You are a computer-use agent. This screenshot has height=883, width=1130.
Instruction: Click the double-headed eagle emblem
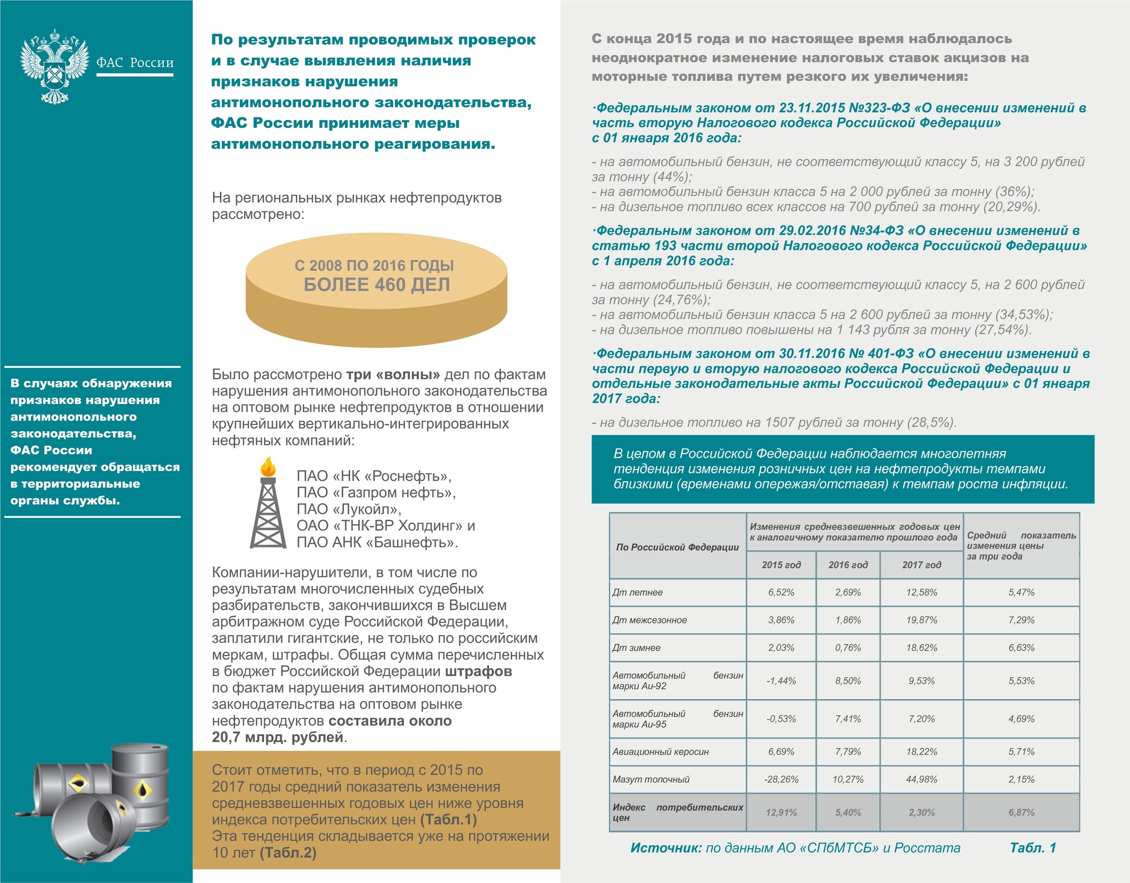click(x=54, y=66)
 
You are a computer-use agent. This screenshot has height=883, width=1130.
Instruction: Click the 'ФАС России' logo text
click(x=135, y=63)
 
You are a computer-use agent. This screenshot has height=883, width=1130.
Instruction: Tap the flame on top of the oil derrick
click(x=268, y=467)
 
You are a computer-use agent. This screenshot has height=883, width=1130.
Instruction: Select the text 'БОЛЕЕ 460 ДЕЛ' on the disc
click(x=376, y=284)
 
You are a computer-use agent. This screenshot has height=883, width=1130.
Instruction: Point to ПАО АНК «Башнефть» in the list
click(x=377, y=542)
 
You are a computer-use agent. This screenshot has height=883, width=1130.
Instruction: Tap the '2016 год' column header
click(x=847, y=565)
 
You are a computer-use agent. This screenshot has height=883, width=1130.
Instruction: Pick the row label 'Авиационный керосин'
click(x=660, y=751)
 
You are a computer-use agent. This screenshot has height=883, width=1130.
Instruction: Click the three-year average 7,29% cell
click(x=1021, y=620)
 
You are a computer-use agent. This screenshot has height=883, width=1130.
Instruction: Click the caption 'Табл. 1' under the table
click(x=1033, y=848)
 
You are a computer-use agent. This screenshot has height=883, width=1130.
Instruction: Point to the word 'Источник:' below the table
click(x=665, y=848)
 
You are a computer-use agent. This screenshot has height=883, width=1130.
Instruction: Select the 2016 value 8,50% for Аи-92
click(x=847, y=681)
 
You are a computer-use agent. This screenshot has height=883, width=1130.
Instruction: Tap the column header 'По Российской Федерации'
click(x=677, y=547)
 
